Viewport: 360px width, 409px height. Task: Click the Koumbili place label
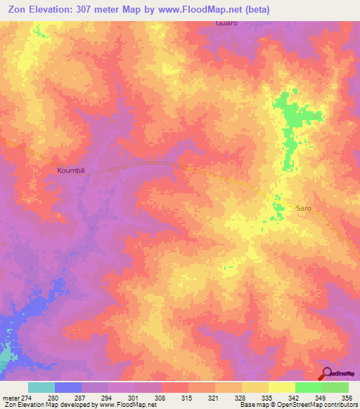click(x=71, y=170)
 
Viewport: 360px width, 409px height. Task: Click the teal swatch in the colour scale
click(x=41, y=387)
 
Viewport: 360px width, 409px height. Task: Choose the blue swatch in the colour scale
click(x=68, y=387)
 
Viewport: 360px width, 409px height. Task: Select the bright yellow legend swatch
click(x=282, y=387)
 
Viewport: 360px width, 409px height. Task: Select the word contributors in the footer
click(x=340, y=405)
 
